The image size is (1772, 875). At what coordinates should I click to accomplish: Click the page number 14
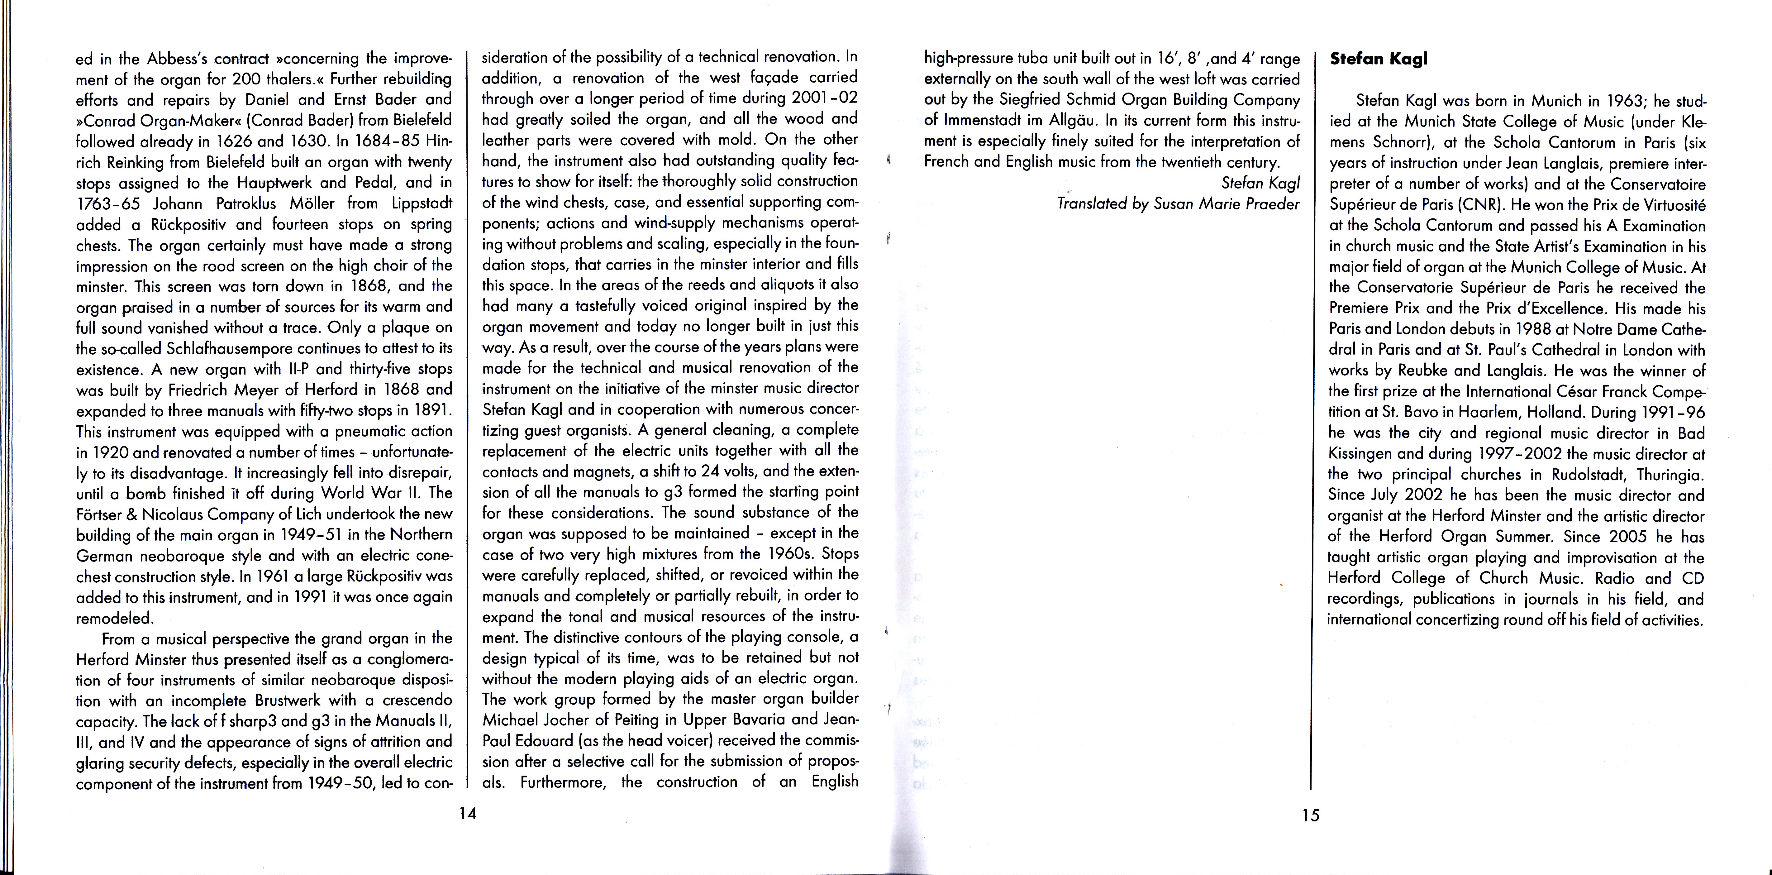tap(468, 813)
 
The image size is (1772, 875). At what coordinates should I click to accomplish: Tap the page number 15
tap(1310, 815)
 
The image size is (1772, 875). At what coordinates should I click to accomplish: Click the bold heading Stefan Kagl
tap(1379, 59)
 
